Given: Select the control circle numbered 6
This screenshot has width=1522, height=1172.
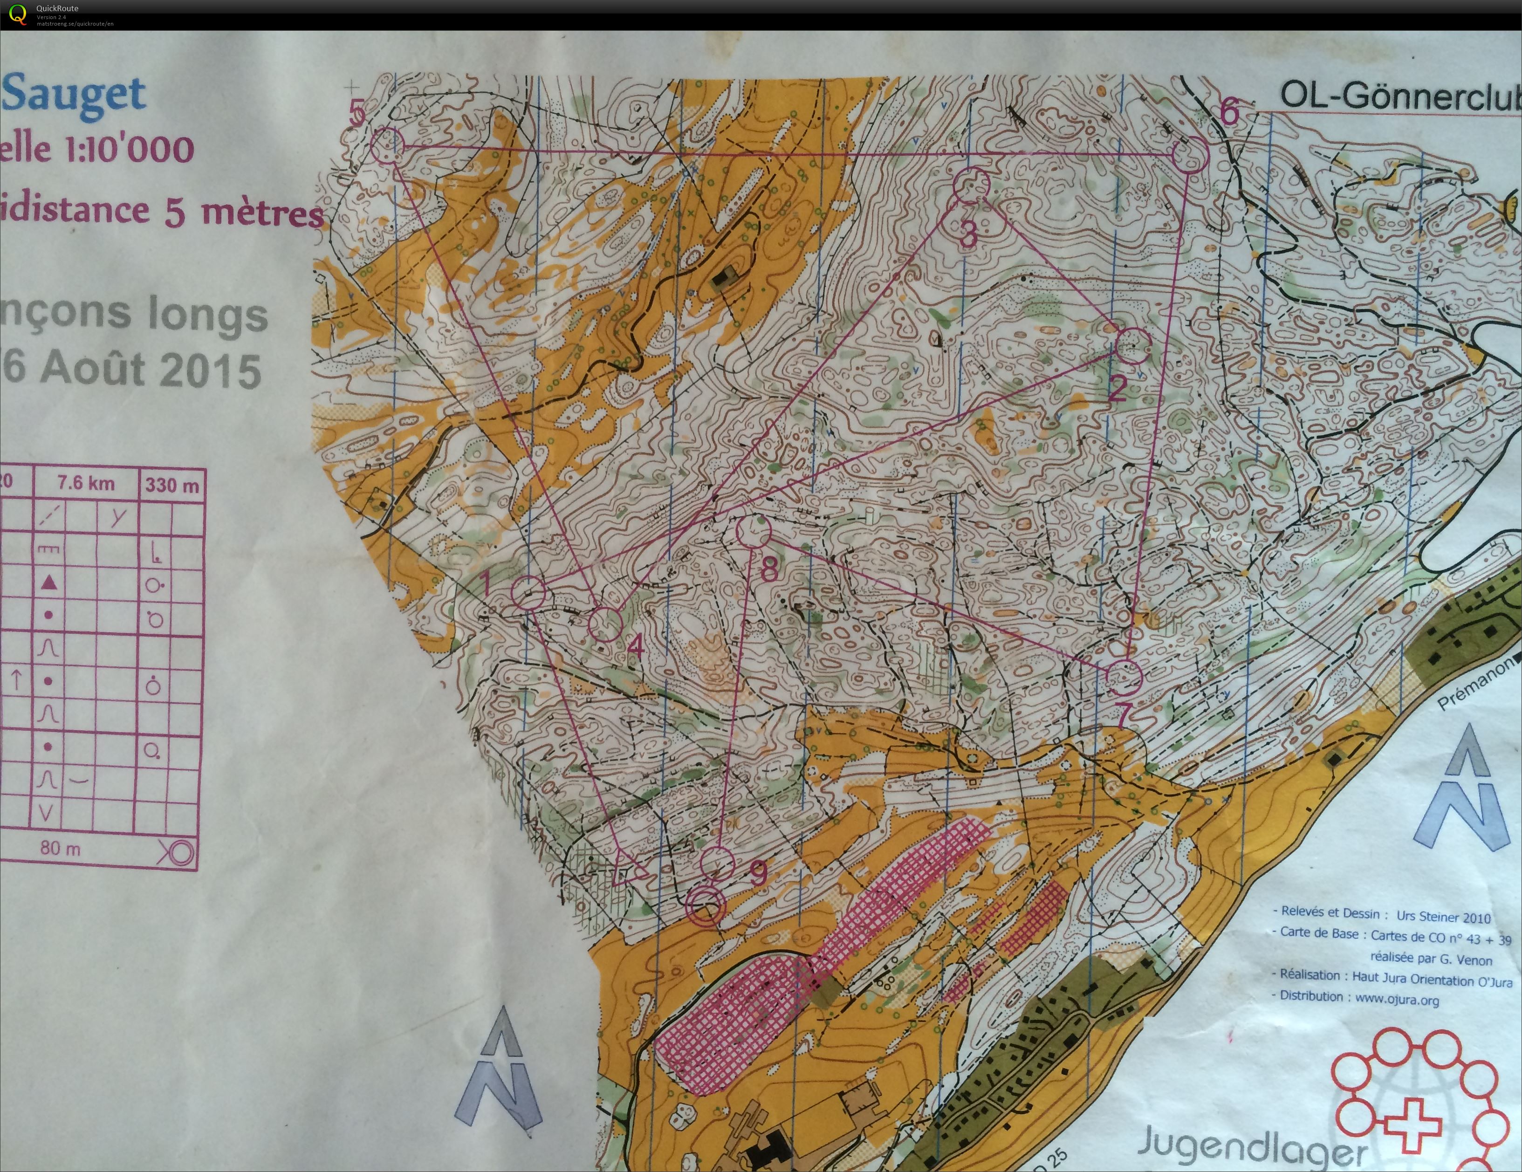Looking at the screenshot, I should pyautogui.click(x=1190, y=155).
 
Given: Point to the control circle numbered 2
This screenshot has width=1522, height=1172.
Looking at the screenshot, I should pyautogui.click(x=1132, y=346).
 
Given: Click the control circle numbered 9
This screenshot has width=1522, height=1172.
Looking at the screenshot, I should pyautogui.click(x=717, y=863).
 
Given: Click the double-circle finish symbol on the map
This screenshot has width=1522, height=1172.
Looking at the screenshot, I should pyautogui.click(x=705, y=906).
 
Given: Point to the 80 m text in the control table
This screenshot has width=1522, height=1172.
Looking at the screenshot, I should pyautogui.click(x=60, y=848).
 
